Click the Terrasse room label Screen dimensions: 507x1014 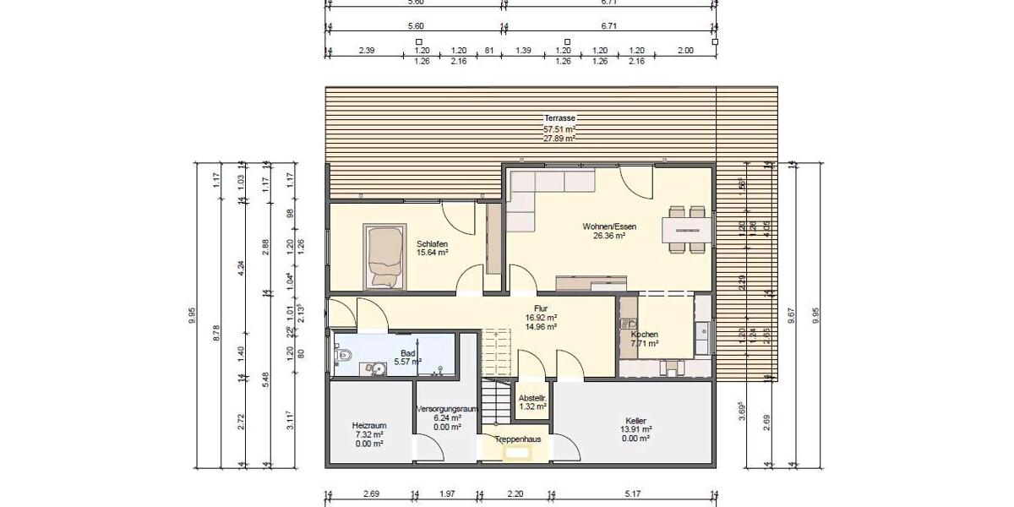tap(560, 118)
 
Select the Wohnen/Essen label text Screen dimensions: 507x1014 tap(608, 226)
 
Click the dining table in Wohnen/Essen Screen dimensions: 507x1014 tap(686, 229)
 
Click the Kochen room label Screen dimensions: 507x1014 tap(644, 335)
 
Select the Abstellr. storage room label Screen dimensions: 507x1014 tap(532, 397)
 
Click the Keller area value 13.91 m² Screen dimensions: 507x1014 tap(635, 429)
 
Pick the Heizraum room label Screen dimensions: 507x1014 tap(369, 425)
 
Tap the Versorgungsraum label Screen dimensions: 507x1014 tap(447, 408)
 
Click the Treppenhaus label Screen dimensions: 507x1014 tap(517, 439)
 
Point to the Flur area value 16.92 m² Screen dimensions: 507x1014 tap(541, 318)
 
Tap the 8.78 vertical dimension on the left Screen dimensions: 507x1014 tap(217, 333)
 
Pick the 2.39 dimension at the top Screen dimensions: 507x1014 tap(367, 52)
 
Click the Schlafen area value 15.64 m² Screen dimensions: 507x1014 tap(432, 252)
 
